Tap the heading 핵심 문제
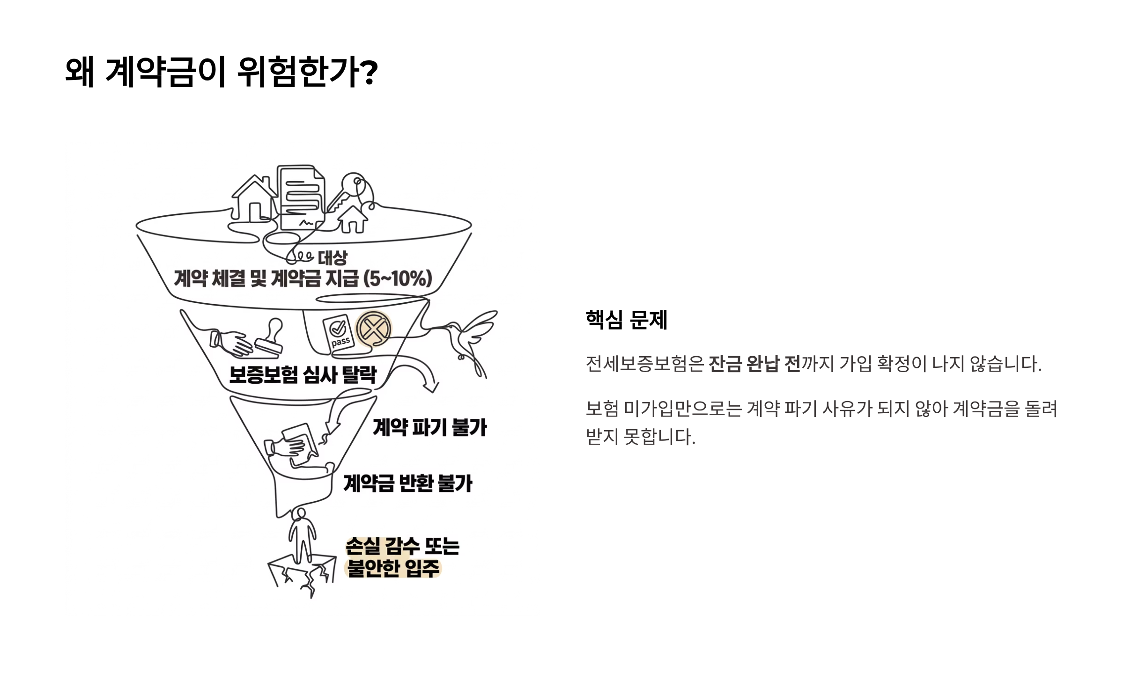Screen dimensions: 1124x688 (x=626, y=320)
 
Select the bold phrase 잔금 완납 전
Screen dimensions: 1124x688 (x=754, y=364)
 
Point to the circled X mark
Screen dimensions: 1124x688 (x=373, y=329)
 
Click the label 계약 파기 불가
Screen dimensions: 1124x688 (x=429, y=428)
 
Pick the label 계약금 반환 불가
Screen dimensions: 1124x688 (x=407, y=483)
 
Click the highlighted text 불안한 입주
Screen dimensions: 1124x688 (x=393, y=569)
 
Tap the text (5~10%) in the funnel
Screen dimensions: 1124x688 (x=398, y=279)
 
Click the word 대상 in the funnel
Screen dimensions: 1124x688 (x=333, y=257)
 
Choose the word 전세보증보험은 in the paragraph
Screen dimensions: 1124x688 (x=644, y=364)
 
